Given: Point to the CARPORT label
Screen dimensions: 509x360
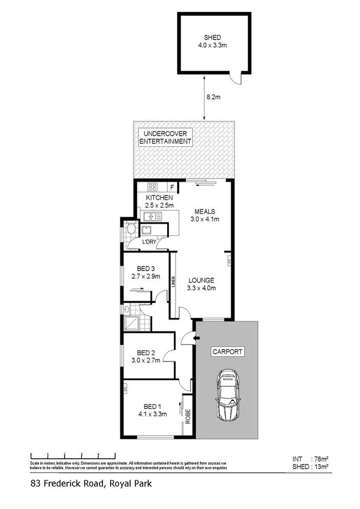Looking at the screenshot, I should pyautogui.click(x=228, y=352).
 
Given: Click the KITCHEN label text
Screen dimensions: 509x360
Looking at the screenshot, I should pyautogui.click(x=160, y=198).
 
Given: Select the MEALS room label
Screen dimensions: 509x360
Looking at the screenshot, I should pyautogui.click(x=205, y=211).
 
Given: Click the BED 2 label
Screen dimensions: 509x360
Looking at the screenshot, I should pyautogui.click(x=146, y=353).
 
